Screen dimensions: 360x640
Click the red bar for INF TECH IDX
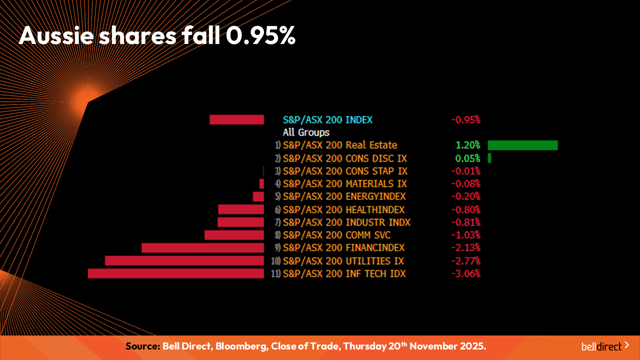175,273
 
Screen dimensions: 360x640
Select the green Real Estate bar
522,145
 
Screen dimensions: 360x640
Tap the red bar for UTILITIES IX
184,260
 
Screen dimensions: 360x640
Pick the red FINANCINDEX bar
202,248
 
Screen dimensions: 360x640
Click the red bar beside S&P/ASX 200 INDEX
236,119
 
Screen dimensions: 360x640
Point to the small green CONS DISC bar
489,158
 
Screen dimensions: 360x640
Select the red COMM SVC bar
234,235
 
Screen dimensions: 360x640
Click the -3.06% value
465,273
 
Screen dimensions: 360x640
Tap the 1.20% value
467,145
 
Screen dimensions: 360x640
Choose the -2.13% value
465,247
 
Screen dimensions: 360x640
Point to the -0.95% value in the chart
465,119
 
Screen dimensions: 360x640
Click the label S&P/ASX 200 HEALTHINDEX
343,209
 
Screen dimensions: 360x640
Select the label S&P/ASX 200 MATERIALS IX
345,183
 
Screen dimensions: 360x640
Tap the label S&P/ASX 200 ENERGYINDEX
344,196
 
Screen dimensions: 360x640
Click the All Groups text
306,132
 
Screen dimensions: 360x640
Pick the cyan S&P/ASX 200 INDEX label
327,119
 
